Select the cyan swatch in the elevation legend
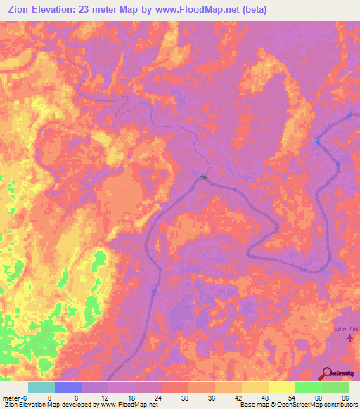[x=41, y=387]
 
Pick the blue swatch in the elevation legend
[x=68, y=387]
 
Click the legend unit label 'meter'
[x=11, y=397]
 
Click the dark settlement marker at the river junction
[x=204, y=176]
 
